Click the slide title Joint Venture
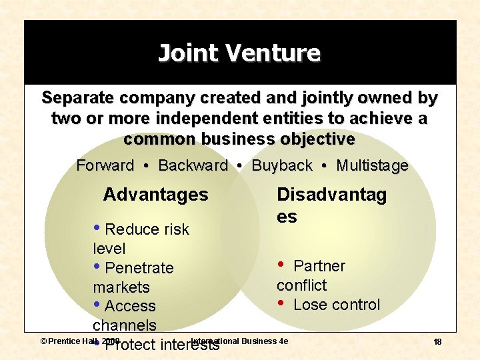tap(239, 53)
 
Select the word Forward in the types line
tap(105, 165)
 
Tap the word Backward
tap(193, 165)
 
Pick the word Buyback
tap(282, 165)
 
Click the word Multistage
tap(373, 165)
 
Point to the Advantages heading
tap(155, 195)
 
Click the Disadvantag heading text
tap(331, 195)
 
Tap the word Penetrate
tap(139, 268)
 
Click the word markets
tap(121, 287)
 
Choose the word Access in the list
tap(130, 306)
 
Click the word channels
tap(125, 325)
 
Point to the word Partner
tap(319, 266)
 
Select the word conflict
tap(301, 285)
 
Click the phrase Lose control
tap(336, 305)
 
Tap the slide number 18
tap(437, 342)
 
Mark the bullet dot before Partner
tap(281, 265)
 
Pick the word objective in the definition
tap(315, 139)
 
